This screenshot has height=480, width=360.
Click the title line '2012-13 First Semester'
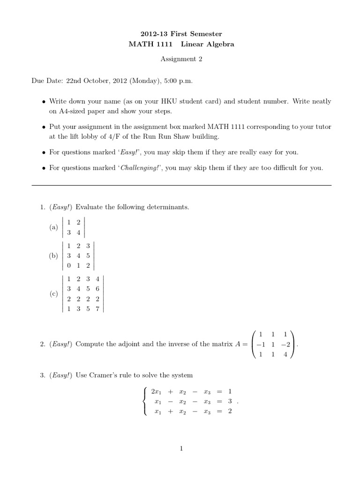pyautogui.click(x=181, y=34)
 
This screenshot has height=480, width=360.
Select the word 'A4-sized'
pyautogui.click(x=72, y=111)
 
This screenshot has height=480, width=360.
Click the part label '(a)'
pyautogui.click(x=53, y=227)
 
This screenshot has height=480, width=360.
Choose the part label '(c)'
pyautogui.click(x=53, y=294)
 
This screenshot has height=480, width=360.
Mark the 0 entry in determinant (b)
pyautogui.click(x=69, y=265)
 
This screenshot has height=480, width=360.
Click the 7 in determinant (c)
pyautogui.click(x=97, y=308)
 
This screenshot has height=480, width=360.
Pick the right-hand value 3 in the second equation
pyautogui.click(x=230, y=401)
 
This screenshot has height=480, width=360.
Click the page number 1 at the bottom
pyautogui.click(x=181, y=449)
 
